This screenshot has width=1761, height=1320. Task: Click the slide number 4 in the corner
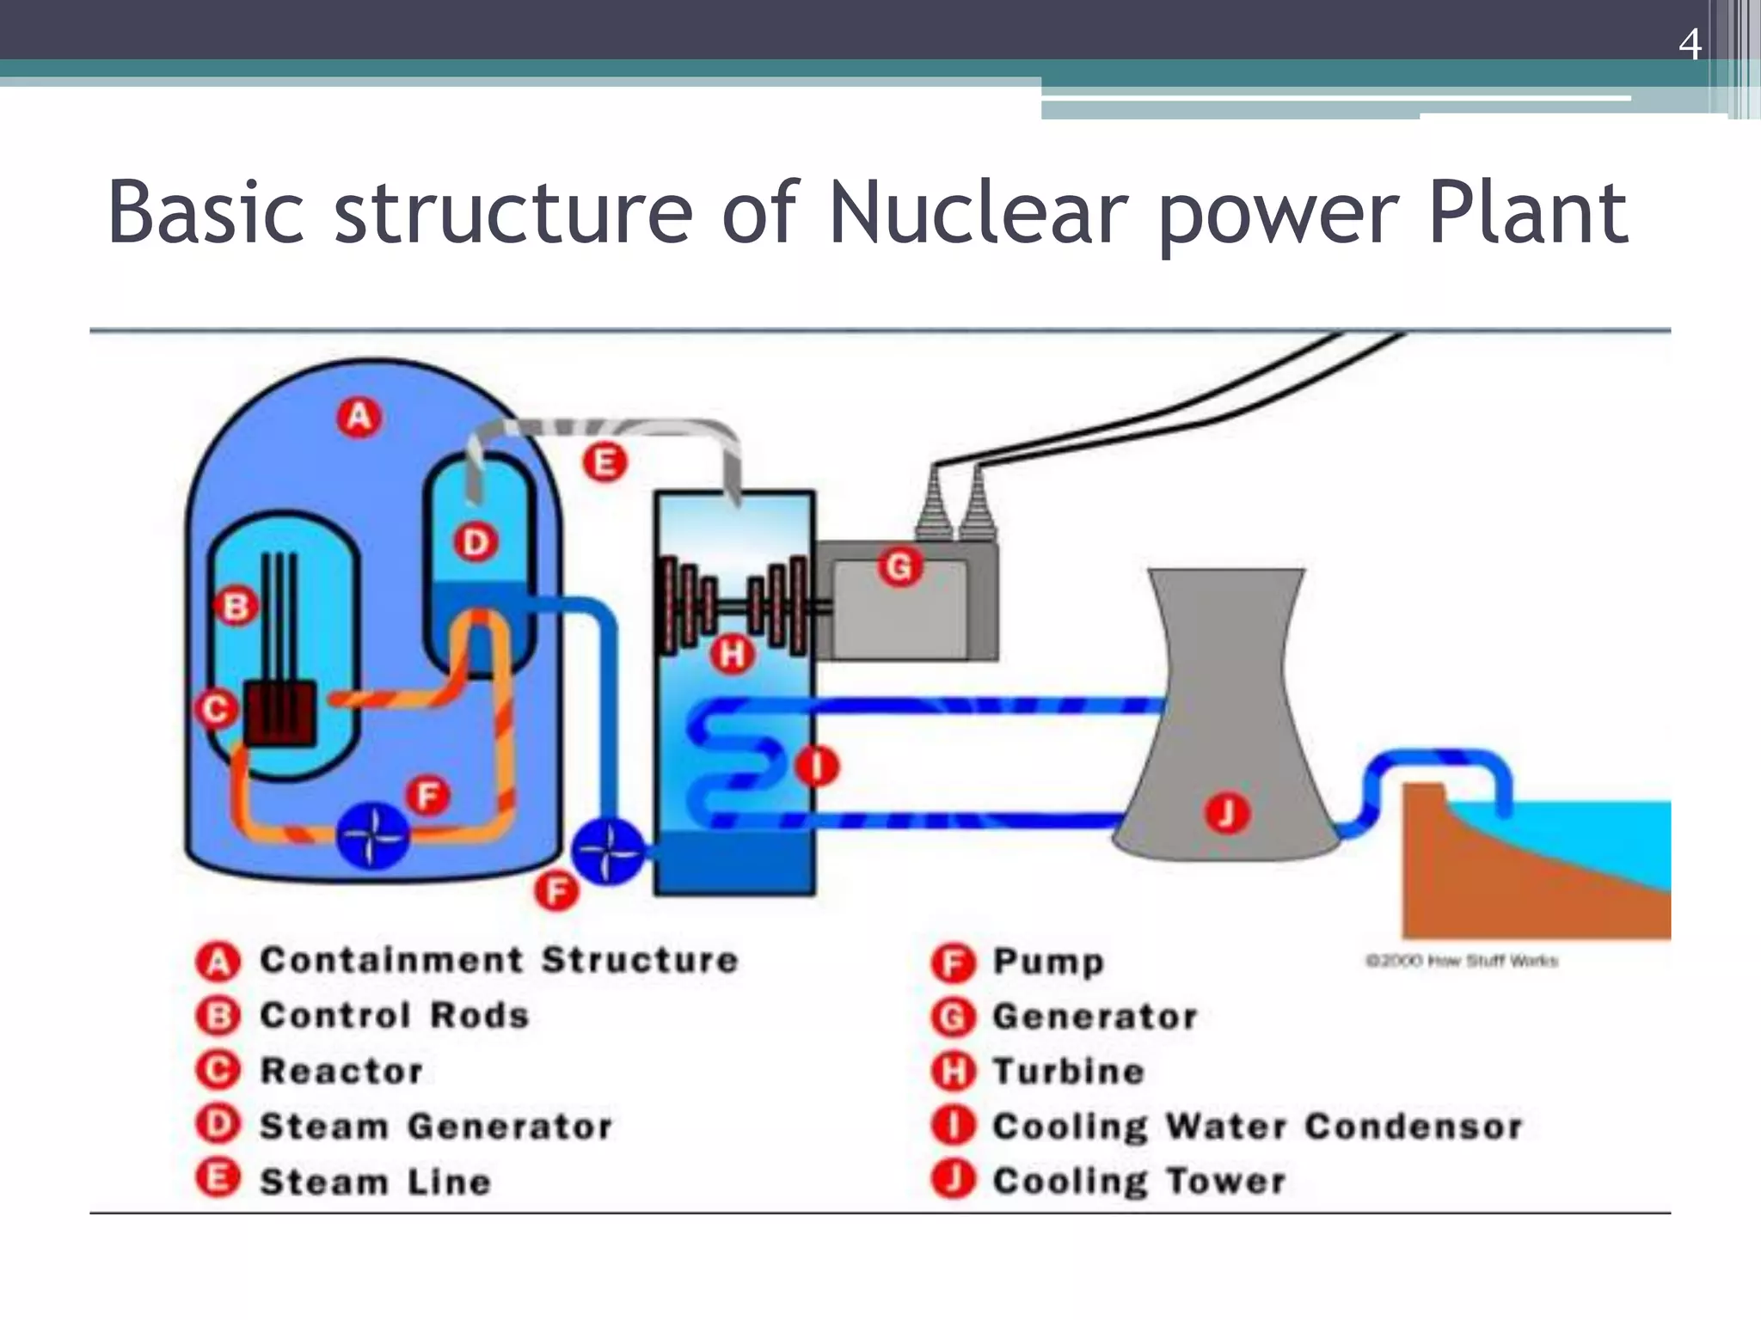pyautogui.click(x=1689, y=44)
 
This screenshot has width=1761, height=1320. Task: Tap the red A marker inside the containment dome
pyautogui.click(x=359, y=418)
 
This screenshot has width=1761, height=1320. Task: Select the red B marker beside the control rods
pyautogui.click(x=236, y=607)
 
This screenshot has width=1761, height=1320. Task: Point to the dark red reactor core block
pyautogui.click(x=280, y=713)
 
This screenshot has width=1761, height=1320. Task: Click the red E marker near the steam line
pyautogui.click(x=604, y=462)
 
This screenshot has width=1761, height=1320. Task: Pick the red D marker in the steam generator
pyautogui.click(x=476, y=542)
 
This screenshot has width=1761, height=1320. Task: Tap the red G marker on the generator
pyautogui.click(x=899, y=568)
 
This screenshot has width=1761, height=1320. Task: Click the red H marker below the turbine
pyautogui.click(x=732, y=655)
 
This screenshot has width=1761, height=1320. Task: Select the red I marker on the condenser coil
pyautogui.click(x=816, y=766)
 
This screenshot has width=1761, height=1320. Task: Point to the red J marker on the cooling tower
pyautogui.click(x=1226, y=813)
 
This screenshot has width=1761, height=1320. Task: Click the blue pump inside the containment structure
pyautogui.click(x=372, y=834)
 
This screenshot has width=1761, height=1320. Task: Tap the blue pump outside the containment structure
pyautogui.click(x=608, y=851)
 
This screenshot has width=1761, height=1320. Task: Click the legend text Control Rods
pyautogui.click(x=395, y=1016)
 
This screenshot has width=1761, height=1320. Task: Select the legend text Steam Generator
pyautogui.click(x=436, y=1126)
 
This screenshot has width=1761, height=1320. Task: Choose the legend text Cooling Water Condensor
pyautogui.click(x=1257, y=1127)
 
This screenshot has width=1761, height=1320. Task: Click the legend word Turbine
pyautogui.click(x=1069, y=1072)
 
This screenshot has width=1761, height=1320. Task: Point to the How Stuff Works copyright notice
pyautogui.click(x=1462, y=961)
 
